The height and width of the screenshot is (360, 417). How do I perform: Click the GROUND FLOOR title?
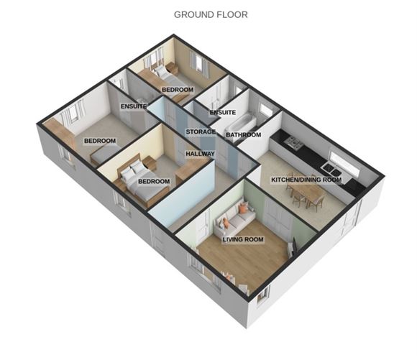click(x=211, y=14)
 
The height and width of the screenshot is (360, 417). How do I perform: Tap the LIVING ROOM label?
click(x=242, y=239)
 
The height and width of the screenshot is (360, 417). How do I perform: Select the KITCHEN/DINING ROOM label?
click(x=306, y=180)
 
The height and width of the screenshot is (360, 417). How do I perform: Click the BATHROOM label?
click(x=243, y=134)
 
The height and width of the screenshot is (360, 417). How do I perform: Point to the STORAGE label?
click(x=201, y=132)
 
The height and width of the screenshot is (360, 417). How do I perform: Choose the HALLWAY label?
click(x=201, y=154)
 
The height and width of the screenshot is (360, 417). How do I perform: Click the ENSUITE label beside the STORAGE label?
click(x=134, y=106)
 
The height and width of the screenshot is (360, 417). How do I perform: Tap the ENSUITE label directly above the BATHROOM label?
click(x=223, y=113)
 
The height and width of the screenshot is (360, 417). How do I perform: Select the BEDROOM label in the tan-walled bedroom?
click(x=176, y=89)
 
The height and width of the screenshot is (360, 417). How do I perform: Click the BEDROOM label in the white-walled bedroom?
click(x=99, y=141)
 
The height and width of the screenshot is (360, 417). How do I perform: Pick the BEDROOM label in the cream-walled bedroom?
click(x=154, y=181)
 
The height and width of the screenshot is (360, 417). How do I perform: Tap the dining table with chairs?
click(x=303, y=194)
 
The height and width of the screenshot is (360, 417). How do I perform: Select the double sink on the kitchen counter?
click(x=331, y=170)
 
